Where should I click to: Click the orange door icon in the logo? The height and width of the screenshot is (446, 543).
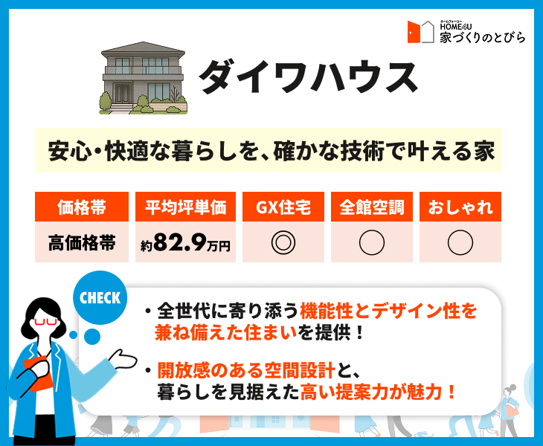tap(414, 32)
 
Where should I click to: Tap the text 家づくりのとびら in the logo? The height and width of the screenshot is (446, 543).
tap(483, 37)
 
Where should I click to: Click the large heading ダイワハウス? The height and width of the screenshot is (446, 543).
tap(308, 77)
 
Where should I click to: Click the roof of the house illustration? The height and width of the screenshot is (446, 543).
tap(143, 48)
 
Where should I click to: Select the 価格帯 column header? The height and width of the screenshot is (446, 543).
tap(82, 207)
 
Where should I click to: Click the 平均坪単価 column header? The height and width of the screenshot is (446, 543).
tap(185, 207)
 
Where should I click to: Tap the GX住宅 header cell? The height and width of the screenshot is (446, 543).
tap(283, 207)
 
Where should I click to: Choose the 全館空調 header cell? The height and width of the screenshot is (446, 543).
tap(372, 207)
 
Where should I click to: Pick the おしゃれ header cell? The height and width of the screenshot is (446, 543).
tap(460, 207)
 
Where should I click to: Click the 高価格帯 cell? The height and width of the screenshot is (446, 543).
tap(82, 242)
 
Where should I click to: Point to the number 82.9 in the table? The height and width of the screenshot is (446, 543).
tap(180, 242)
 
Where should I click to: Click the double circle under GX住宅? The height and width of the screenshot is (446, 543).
tap(283, 230)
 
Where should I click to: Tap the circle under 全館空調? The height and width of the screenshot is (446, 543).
tap(372, 230)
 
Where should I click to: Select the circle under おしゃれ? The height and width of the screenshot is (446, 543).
tap(460, 230)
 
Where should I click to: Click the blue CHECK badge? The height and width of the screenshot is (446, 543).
tap(100, 297)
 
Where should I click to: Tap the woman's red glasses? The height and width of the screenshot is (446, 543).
tap(45, 322)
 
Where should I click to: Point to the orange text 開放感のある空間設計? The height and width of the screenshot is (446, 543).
tap(246, 370)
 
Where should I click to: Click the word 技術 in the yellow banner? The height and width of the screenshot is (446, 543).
tap(362, 151)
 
